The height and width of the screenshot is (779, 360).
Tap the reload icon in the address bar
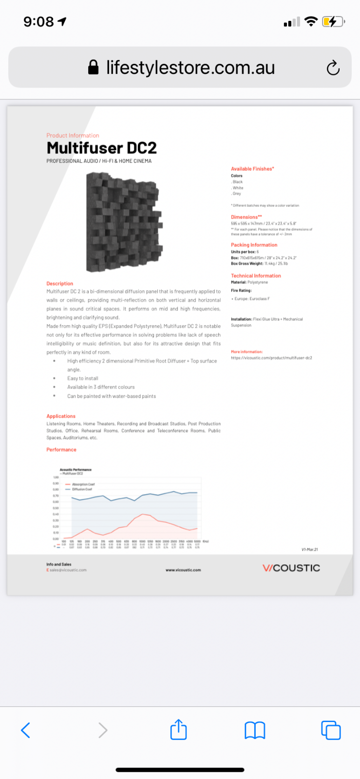pos(333,68)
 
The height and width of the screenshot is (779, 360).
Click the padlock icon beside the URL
pos(93,68)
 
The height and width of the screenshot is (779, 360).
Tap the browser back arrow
pos(26,730)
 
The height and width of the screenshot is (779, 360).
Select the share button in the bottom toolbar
pos(179,729)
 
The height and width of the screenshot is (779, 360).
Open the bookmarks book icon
pos(255,730)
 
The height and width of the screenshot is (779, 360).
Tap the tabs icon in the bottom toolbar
pos(331,730)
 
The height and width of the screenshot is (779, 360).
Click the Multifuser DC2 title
pos(101,148)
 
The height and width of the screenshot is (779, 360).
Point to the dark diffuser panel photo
pos(124,222)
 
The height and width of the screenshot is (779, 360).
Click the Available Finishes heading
pos(252,169)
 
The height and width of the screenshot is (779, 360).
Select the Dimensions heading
pos(246,217)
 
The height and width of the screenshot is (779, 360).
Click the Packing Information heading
pos(254,245)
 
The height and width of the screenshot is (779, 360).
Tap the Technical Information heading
pos(256,276)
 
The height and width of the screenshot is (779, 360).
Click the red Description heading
pos(60,283)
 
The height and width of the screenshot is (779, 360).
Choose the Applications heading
pos(61,416)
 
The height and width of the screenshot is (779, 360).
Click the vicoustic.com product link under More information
pos(271,358)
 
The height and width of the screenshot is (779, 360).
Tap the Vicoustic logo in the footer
pos(291,568)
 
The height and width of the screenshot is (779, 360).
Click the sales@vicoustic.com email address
pos(68,570)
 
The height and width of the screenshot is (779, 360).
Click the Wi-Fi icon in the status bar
pos(310,21)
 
